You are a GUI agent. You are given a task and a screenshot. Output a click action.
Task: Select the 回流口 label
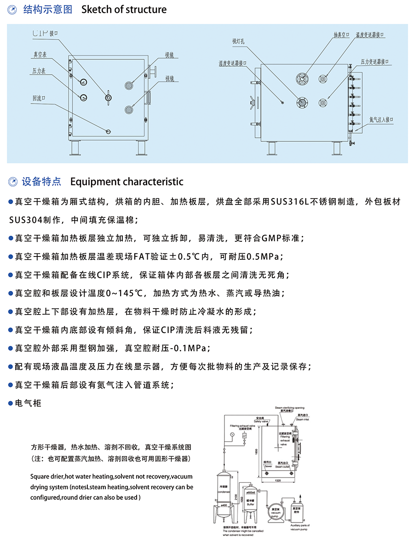point(39,98)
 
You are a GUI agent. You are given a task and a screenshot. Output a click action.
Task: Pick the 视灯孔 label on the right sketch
point(239,41)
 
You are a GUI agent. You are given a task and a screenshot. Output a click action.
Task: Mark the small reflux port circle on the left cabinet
point(108,132)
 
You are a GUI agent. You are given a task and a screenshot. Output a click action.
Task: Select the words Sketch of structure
point(124,10)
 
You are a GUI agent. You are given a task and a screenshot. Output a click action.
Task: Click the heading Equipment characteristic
point(126,181)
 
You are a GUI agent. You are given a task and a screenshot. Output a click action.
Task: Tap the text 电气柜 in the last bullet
point(28,403)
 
